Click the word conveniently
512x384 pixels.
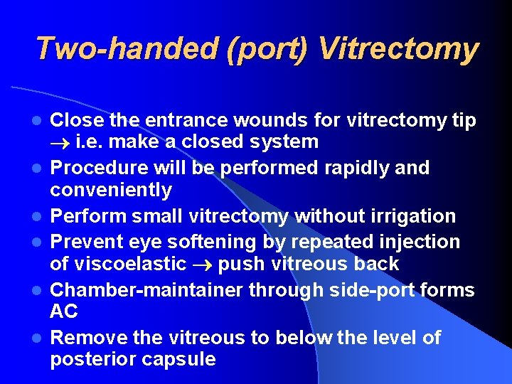point(111,190)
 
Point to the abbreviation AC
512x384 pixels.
point(64,311)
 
